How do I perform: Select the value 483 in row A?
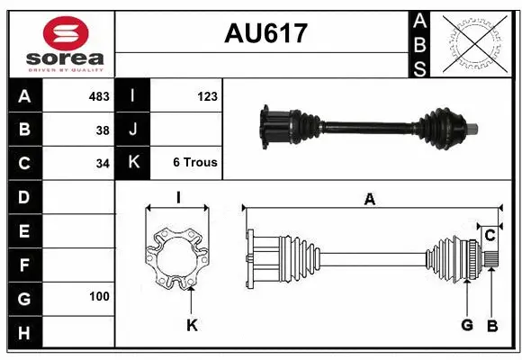[99, 96]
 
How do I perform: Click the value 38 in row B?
[103, 130]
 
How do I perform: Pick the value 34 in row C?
[103, 164]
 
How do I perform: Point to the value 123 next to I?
[207, 96]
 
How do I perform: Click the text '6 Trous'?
[195, 163]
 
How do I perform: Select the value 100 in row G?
[99, 296]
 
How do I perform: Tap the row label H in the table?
[23, 334]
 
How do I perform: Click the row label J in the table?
[133, 130]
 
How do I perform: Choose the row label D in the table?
[23, 196]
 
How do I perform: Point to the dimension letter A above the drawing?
[369, 200]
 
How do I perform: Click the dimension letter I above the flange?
[178, 198]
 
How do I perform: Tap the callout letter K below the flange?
[192, 325]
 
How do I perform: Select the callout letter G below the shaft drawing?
[467, 325]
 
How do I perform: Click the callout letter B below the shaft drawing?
[491, 325]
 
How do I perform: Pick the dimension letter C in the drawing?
[490, 236]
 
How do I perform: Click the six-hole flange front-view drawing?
[178, 260]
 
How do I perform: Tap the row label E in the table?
[23, 231]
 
